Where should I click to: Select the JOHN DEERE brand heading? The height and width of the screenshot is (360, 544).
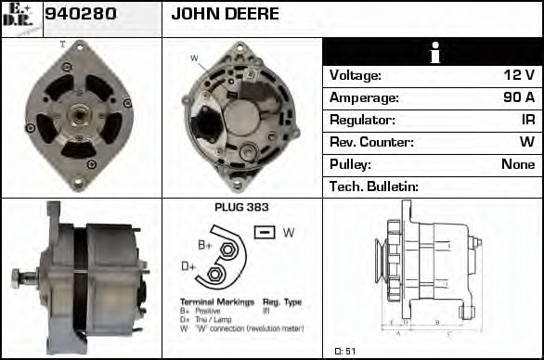(x=226, y=15)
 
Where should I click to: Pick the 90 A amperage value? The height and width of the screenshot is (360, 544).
(x=518, y=97)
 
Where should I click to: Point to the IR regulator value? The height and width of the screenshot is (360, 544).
(x=527, y=120)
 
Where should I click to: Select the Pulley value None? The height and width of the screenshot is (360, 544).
(x=518, y=164)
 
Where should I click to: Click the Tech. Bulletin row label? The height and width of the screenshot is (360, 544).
(x=374, y=186)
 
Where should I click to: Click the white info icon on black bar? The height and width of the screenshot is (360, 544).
(x=433, y=53)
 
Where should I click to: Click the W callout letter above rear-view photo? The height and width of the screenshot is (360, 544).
(x=194, y=58)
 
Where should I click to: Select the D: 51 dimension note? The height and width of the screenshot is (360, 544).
(x=343, y=351)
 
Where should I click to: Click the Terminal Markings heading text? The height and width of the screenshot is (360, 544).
(x=215, y=302)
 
